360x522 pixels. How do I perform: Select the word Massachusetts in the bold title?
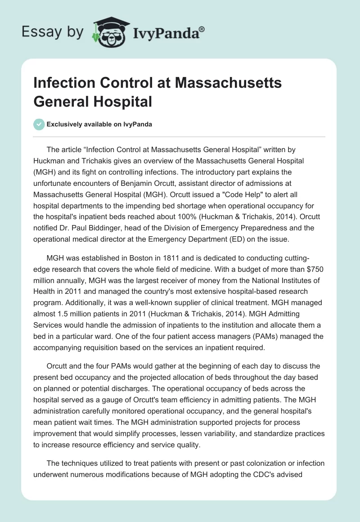click(228, 83)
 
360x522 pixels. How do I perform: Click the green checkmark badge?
click(39, 124)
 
